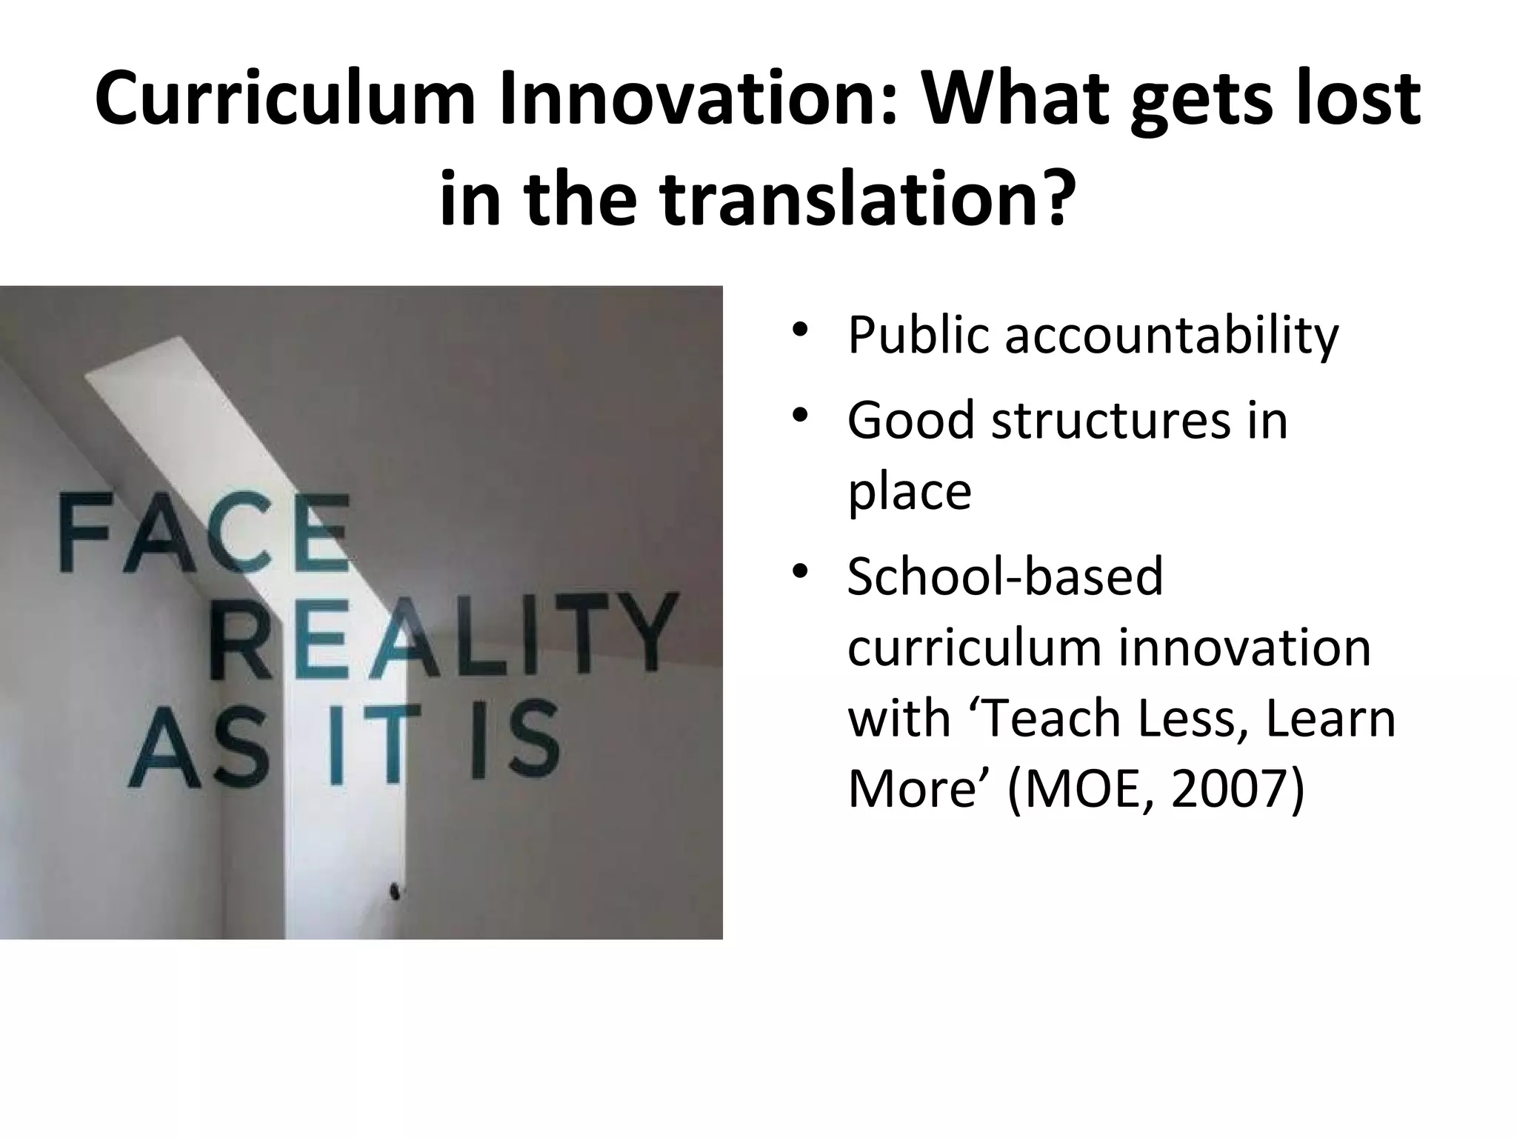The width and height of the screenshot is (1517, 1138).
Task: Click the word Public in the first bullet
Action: pos(918,336)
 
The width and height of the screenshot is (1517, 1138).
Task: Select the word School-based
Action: pos(1005,576)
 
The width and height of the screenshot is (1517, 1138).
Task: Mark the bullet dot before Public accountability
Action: pos(798,330)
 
